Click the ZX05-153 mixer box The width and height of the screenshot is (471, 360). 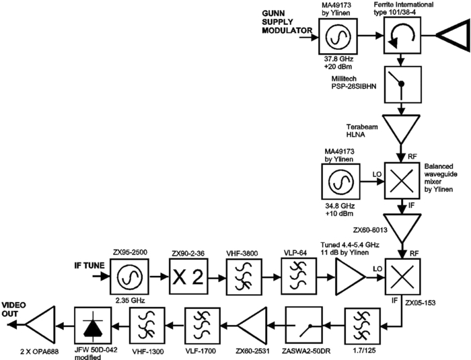pyautogui.click(x=402, y=277)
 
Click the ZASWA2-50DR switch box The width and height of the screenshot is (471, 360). pyautogui.click(x=304, y=326)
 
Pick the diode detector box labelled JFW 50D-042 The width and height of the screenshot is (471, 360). pyautogui.click(x=92, y=326)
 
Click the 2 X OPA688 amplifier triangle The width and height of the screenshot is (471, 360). pyautogui.click(x=41, y=326)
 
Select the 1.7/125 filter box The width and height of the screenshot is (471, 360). pyautogui.click(x=362, y=326)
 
